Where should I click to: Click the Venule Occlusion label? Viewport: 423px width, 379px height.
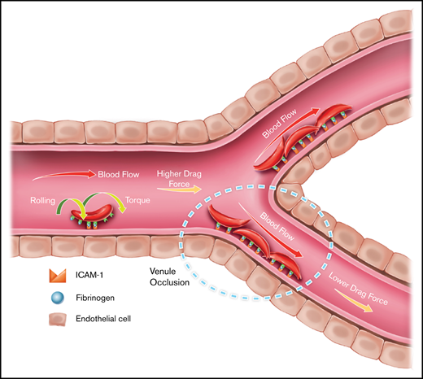(170, 277)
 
